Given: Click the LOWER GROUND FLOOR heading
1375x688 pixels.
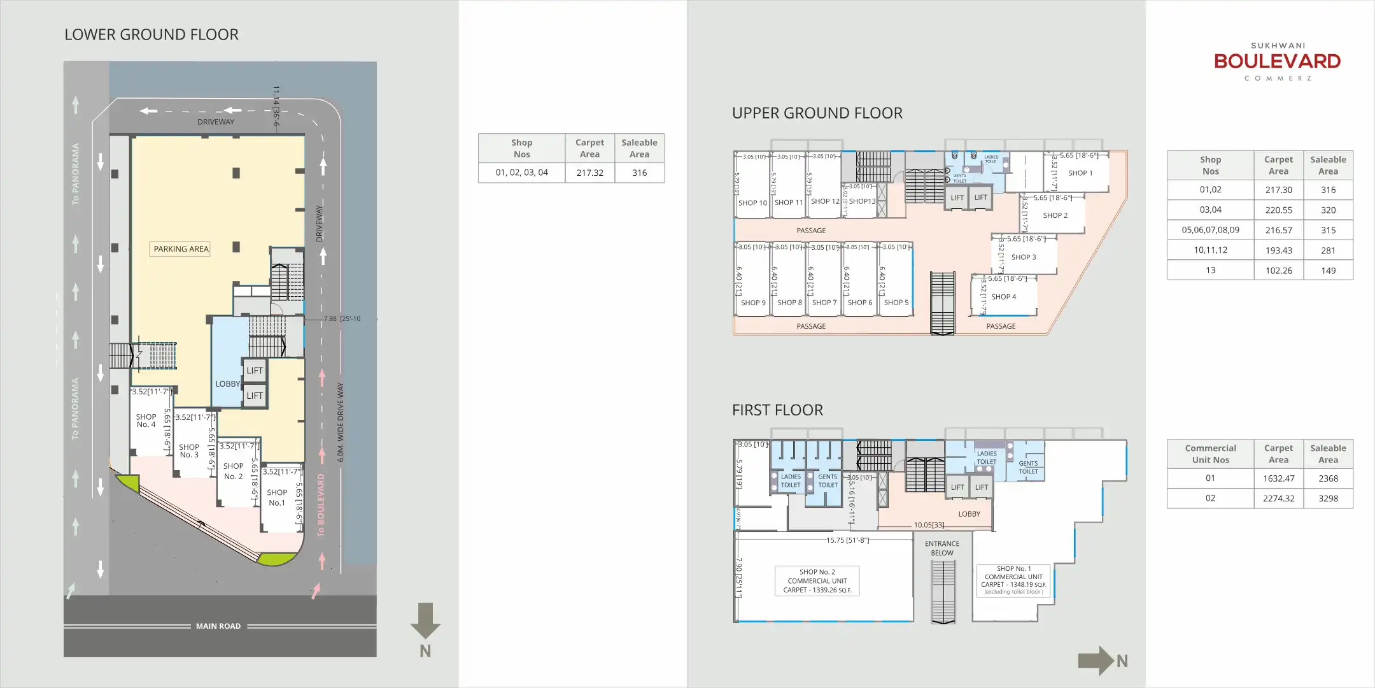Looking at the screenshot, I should click(152, 34).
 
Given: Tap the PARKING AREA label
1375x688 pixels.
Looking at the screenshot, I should click(181, 249).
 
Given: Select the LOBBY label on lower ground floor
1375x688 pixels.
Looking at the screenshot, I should click(227, 383).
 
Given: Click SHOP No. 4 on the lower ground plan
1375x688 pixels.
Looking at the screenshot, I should click(146, 420).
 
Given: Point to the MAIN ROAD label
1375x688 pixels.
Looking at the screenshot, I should click(218, 626).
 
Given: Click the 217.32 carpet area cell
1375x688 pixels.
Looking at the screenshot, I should click(589, 173).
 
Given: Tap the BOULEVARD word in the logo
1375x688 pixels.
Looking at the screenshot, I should click(1277, 62).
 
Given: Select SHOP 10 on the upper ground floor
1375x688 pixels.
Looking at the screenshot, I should click(752, 203).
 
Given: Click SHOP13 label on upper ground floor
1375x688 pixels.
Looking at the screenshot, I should click(862, 201).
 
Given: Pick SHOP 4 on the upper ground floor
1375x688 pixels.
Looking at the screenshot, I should click(1003, 297).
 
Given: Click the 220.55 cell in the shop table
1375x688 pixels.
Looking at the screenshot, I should click(1278, 210).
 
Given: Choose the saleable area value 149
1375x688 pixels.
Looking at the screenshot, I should click(1328, 270).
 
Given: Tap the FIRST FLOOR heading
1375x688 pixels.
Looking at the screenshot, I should click(777, 410).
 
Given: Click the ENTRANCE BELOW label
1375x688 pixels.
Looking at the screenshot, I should click(942, 548).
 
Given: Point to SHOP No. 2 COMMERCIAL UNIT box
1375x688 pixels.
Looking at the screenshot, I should click(817, 581).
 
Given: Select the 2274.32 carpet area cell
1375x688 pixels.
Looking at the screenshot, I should click(1278, 498).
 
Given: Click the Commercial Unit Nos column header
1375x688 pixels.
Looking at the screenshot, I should click(1210, 454).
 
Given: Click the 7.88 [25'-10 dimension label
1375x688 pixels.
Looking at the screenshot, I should click(342, 319).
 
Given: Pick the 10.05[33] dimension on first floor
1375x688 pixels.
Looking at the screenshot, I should click(929, 525).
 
